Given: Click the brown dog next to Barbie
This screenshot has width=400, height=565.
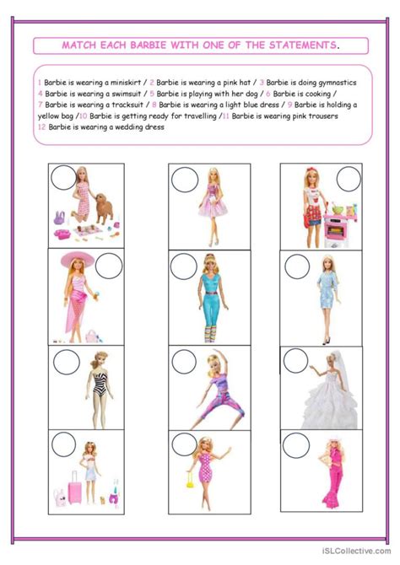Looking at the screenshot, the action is point(105,208).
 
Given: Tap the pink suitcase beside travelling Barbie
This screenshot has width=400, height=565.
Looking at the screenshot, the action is point(75,487).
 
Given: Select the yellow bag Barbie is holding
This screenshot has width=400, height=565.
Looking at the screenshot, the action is point(190,480).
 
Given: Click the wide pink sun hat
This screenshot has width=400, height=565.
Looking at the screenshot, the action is point(77,260).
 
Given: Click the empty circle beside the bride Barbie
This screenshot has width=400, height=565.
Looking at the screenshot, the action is point(295,361).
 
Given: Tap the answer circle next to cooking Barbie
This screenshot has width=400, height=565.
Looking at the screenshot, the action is point(349,179).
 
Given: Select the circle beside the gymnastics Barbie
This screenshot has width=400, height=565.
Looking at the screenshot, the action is point(184,362).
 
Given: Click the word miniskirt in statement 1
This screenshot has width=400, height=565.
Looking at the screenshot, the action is point(126,83).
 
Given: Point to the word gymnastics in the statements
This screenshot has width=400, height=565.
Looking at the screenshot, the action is point(338,83).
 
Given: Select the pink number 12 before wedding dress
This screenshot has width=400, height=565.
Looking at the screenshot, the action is point(42,127).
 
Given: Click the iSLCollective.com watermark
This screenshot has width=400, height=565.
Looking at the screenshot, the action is point(356,551).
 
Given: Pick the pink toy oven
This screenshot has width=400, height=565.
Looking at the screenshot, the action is point(336,230).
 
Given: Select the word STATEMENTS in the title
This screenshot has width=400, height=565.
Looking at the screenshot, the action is point(303,46).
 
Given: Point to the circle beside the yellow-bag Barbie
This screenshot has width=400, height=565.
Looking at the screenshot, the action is point(184,444).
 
